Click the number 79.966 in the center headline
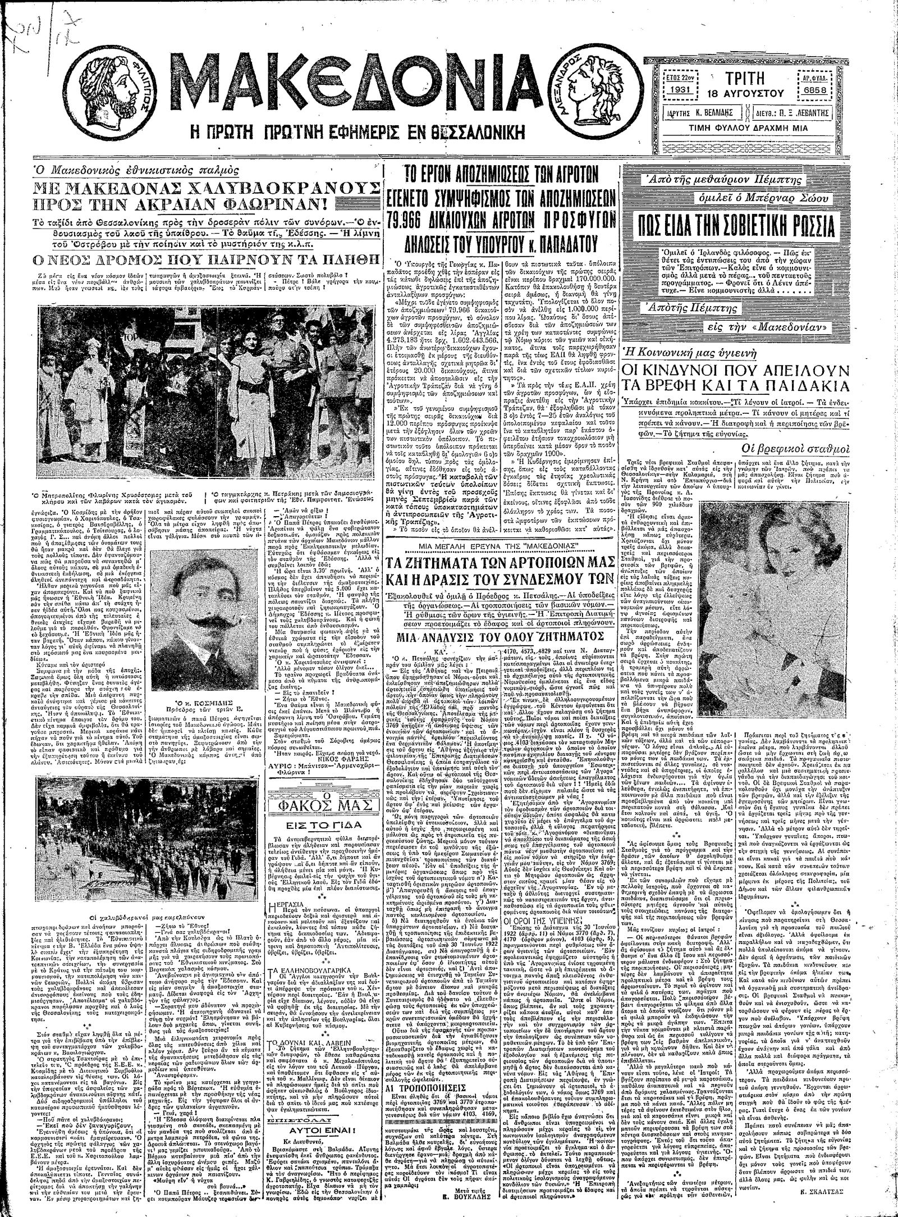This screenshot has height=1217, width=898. pyautogui.click(x=418, y=217)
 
